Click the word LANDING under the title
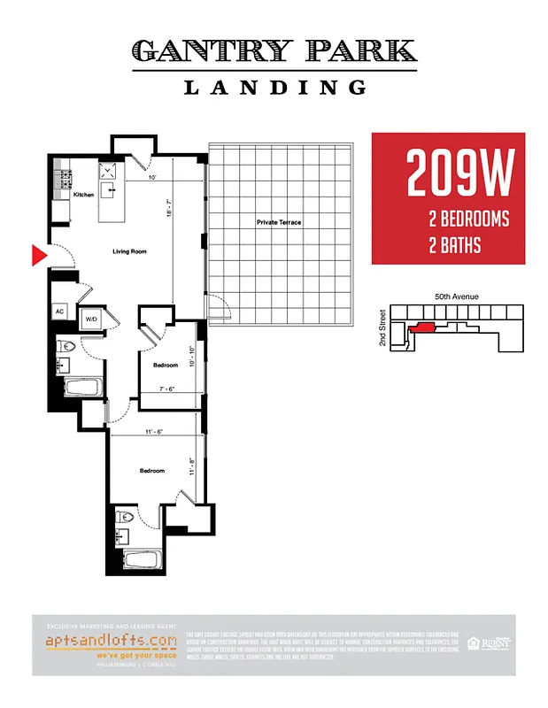tap(275, 88)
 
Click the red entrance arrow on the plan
tap(38, 256)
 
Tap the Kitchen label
tap(83, 195)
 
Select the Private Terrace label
tap(279, 222)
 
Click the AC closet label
tap(60, 312)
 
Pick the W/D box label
tap(91, 319)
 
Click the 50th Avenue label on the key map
tap(457, 298)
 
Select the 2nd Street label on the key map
tap(382, 327)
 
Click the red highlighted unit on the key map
tap(423, 327)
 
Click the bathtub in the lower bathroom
tap(140, 559)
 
